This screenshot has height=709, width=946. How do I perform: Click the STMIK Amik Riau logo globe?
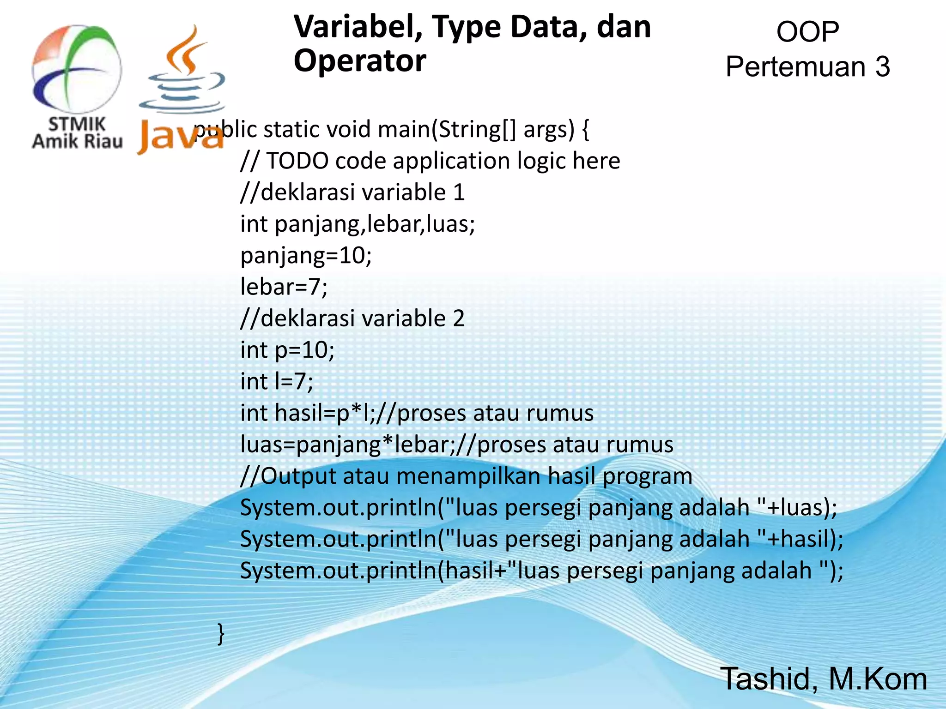coord(77,69)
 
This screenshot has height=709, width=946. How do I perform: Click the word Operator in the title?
coord(360,61)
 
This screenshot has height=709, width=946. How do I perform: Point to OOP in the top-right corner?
coord(807,32)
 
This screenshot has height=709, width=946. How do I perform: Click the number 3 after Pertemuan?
coord(882,67)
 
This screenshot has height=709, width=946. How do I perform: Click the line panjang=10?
coord(306,256)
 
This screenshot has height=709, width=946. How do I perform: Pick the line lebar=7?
coord(284,287)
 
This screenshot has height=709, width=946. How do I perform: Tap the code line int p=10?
coord(287,350)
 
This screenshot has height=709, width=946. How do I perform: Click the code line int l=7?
coord(276,382)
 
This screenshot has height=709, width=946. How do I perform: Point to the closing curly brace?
coord(221,633)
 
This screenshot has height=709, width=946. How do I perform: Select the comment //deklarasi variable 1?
coord(352,192)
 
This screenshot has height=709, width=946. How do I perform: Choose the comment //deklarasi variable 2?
coord(352,318)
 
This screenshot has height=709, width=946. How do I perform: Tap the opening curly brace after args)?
coord(586,130)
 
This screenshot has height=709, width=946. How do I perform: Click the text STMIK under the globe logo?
coord(77,124)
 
